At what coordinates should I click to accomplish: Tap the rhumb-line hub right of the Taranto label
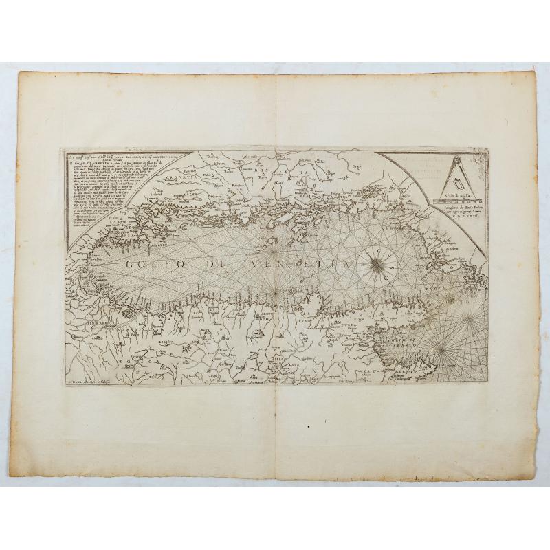(470, 318)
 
